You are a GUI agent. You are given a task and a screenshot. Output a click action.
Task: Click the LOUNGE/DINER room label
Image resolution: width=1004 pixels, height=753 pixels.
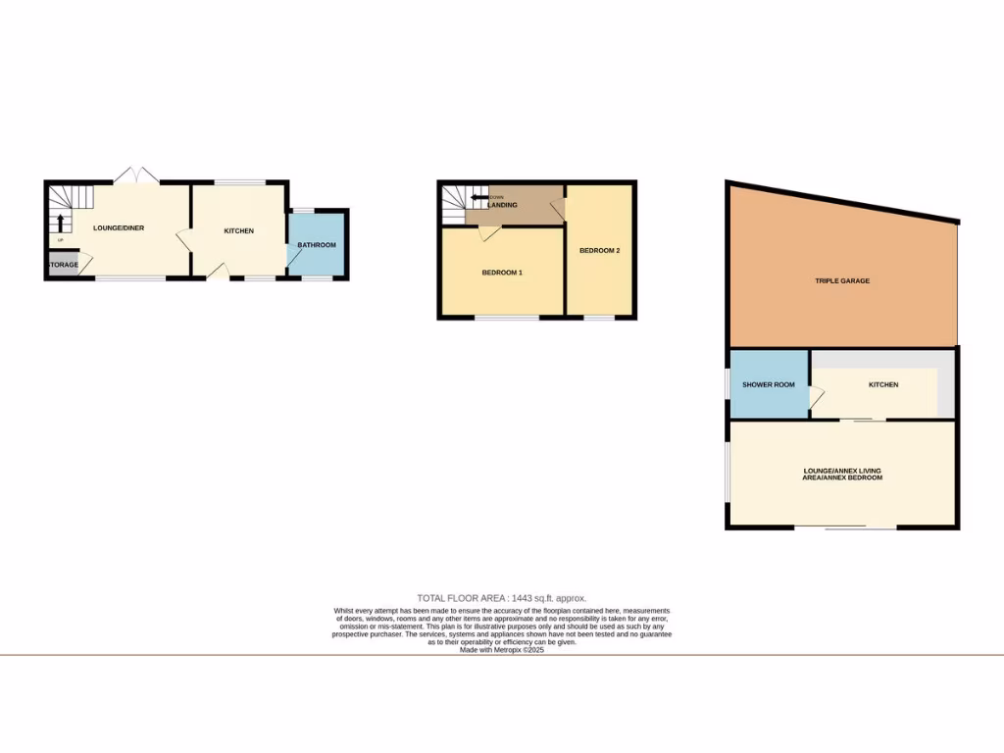(119, 228)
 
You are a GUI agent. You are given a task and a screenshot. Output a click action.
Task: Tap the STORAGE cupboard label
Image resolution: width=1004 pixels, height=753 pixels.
(61, 264)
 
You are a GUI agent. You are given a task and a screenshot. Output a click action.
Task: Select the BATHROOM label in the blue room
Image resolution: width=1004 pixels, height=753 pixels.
(317, 245)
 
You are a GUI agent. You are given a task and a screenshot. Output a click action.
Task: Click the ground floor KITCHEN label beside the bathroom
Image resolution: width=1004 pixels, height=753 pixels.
(238, 231)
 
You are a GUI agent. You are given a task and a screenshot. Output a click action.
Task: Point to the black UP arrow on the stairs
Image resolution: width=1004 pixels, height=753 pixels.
(61, 222)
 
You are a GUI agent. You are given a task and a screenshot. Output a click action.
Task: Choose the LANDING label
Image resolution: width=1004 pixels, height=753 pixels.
(502, 205)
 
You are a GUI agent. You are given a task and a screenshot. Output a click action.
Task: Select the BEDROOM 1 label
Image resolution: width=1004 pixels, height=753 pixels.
(501, 273)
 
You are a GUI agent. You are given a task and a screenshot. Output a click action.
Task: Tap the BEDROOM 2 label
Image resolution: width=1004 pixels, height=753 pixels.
(599, 251)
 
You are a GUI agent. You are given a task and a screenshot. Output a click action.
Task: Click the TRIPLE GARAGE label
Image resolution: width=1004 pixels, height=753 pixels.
(841, 281)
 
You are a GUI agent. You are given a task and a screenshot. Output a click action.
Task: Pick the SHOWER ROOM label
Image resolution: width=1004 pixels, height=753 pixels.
(768, 385)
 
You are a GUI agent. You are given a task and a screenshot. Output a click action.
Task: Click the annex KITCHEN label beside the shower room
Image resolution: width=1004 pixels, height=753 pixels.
(882, 385)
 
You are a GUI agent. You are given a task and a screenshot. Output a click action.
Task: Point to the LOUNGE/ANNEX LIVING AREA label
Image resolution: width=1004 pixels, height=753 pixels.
(841, 474)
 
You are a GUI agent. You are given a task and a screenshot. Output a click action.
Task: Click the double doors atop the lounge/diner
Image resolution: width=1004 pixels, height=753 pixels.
(135, 176)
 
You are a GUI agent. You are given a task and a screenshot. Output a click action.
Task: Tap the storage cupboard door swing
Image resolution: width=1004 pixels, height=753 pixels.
(84, 262)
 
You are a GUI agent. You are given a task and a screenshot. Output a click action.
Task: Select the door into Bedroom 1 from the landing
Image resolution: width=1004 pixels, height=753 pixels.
(487, 230)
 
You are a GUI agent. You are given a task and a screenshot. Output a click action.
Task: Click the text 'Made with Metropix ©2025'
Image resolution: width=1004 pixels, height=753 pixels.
(501, 650)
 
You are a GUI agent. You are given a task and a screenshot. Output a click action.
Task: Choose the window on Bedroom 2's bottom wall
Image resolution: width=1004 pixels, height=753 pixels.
(599, 318)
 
